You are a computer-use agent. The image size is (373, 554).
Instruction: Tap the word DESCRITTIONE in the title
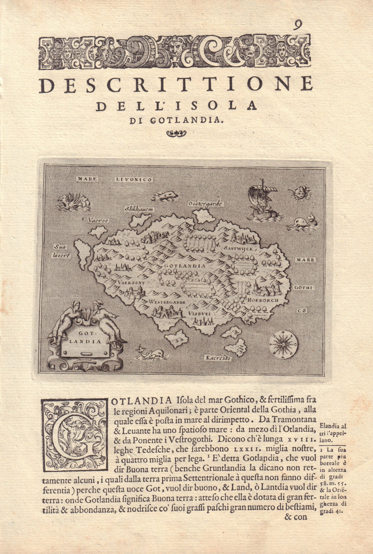[176, 85]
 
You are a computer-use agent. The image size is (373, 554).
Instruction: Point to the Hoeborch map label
[263, 300]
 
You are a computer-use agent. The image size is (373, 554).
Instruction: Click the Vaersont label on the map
[131, 282]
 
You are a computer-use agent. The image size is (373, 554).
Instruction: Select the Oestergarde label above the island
[205, 204]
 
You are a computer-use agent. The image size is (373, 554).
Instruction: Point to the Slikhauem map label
[139, 209]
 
